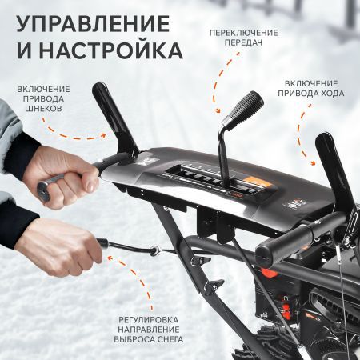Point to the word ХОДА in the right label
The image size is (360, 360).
tap(331, 93)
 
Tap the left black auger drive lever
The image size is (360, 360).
tap(112, 120)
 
